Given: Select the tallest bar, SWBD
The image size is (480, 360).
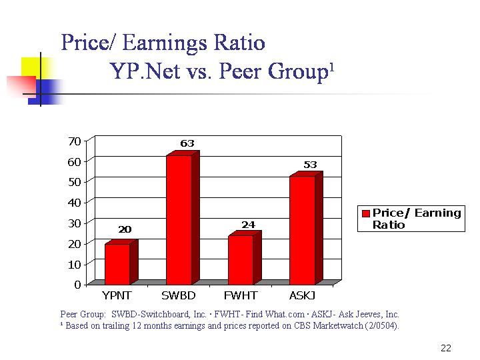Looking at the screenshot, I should pyautogui.click(x=179, y=219).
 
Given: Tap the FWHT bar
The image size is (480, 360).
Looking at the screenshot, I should pyautogui.click(x=241, y=259).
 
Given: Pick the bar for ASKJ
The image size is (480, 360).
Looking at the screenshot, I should pyautogui.click(x=302, y=229).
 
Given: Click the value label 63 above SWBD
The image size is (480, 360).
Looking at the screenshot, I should pyautogui.click(x=187, y=143).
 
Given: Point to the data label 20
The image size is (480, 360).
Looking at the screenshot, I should pyautogui.click(x=125, y=229).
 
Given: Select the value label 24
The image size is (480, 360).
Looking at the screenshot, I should pyautogui.click(x=248, y=225).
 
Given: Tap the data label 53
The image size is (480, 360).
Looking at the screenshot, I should pyautogui.click(x=310, y=164).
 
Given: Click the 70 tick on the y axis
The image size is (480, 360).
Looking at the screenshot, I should pyautogui.click(x=74, y=141).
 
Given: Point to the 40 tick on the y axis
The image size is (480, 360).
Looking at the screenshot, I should pyautogui.click(x=74, y=203).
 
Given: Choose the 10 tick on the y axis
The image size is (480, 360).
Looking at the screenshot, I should pyautogui.click(x=74, y=264).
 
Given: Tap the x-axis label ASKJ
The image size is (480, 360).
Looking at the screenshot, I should pyautogui.click(x=302, y=295).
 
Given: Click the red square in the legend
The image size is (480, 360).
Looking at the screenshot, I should pyautogui.click(x=366, y=213).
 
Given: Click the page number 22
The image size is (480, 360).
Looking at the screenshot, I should pyautogui.click(x=446, y=348).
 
